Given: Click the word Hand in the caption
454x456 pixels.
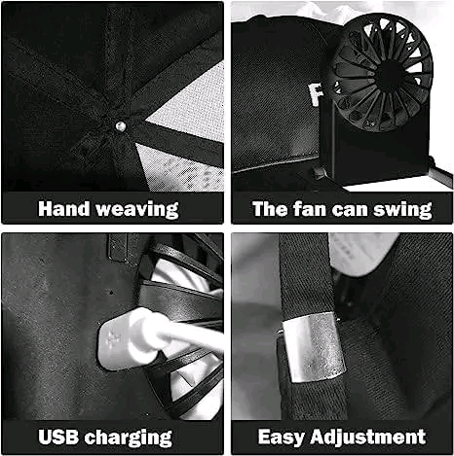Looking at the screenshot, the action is (63, 208).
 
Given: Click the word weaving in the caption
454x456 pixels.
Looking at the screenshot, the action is (137, 210).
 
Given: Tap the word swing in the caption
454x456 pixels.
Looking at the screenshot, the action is (402, 210).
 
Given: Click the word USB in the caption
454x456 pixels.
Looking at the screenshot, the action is (58, 437).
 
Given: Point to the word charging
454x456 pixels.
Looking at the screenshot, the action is (129, 438).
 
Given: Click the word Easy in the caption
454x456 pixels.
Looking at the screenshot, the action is (282, 438).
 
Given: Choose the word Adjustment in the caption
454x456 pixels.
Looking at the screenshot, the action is (367, 437).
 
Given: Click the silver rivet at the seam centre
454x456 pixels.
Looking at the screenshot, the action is (121, 126).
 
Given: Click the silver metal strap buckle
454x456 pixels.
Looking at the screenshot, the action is (314, 347).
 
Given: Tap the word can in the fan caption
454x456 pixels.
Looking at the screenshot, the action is (350, 210).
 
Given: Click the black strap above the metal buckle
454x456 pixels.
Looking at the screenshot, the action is (305, 275).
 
